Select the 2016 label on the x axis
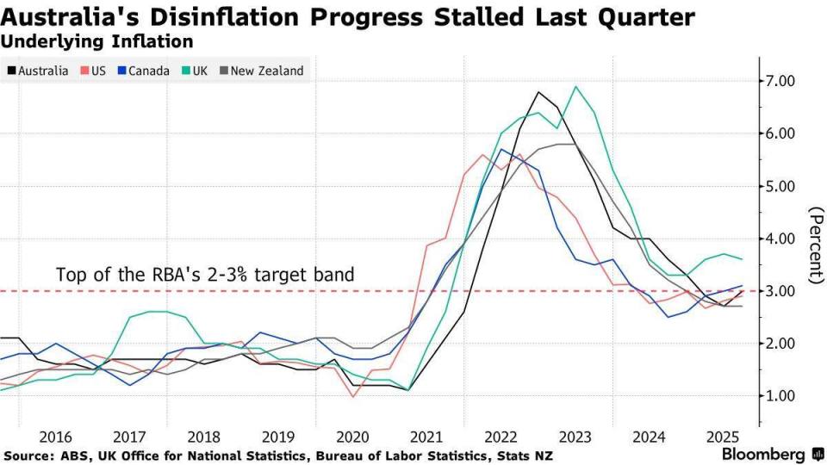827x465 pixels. [55, 437]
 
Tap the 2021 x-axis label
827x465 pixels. [426, 437]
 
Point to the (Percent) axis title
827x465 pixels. [812, 245]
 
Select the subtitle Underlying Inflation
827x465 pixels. [97, 40]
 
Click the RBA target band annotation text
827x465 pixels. [205, 276]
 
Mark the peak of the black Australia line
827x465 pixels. [538, 92]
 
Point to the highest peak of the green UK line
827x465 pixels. [575, 86]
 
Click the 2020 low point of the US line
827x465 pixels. [353, 396]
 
